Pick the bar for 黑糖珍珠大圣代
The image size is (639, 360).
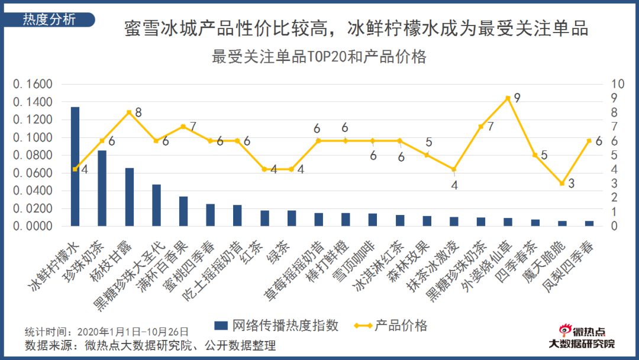click(x=156, y=205)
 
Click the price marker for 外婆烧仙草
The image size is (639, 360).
click(x=508, y=98)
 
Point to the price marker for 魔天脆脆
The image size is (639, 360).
click(x=562, y=184)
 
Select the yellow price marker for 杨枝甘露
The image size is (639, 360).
click(x=129, y=112)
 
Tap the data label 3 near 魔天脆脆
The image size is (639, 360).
click(x=571, y=184)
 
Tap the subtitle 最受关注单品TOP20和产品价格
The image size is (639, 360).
click(x=319, y=57)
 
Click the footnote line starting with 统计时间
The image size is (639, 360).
click(x=106, y=332)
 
